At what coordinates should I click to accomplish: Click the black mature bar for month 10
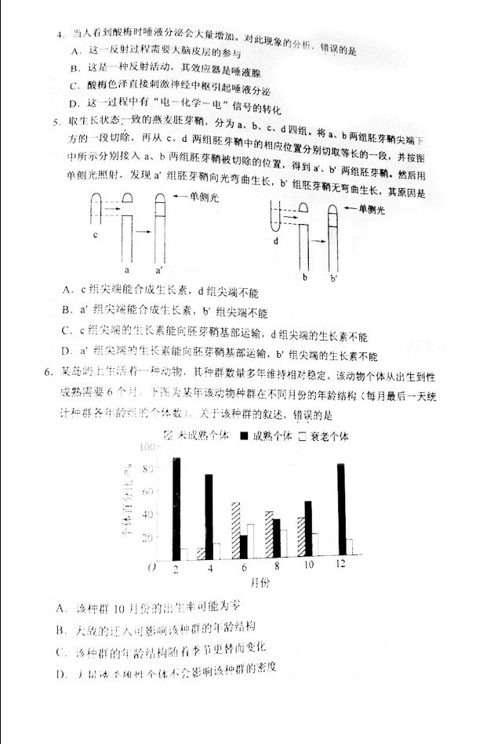point(308,529)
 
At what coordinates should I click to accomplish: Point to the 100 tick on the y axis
point(146,447)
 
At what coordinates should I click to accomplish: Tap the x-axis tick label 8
point(276,565)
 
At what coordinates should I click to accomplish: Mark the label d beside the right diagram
point(276,240)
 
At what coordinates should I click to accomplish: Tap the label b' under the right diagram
point(333,277)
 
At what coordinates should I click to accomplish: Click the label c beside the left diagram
point(95,233)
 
